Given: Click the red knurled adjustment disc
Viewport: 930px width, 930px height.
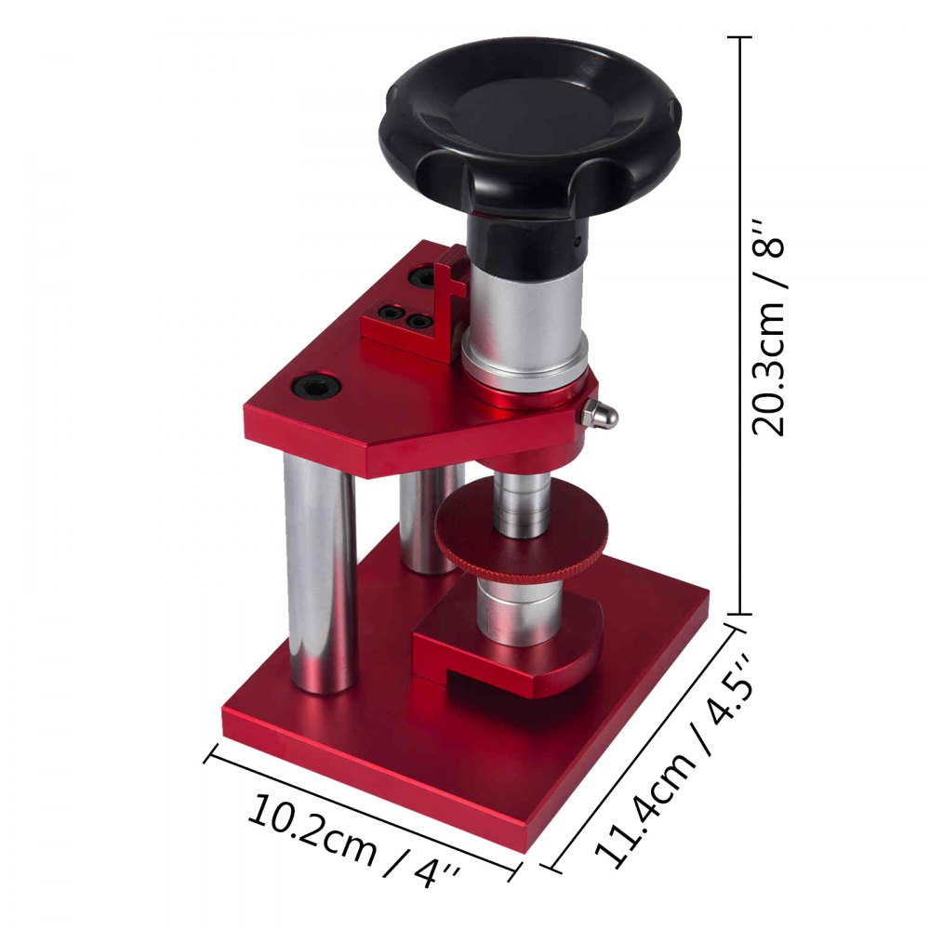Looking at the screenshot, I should [x=521, y=538].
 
